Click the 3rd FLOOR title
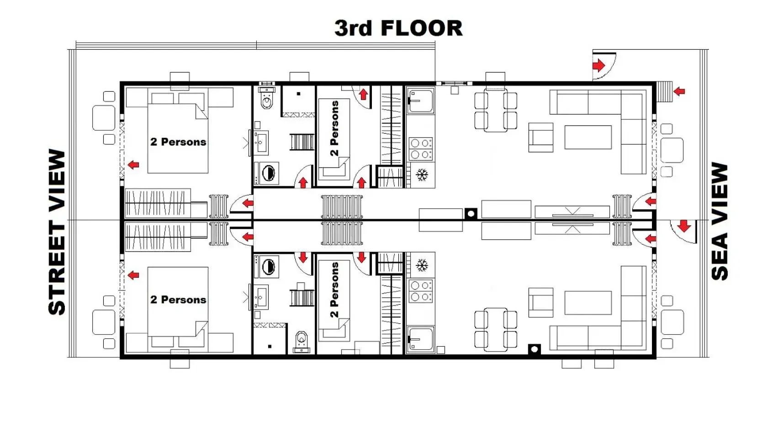[398, 28]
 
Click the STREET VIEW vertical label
[58, 232]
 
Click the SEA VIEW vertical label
[720, 221]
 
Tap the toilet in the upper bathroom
[267, 100]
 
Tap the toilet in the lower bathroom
[302, 340]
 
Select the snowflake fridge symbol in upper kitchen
[422, 174]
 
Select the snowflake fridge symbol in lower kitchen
[422, 265]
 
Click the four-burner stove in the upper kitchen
[421, 149]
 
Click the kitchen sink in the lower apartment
[421, 339]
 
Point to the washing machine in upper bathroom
[268, 173]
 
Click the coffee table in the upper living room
[587, 137]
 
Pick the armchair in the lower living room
[541, 302]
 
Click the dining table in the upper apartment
[496, 111]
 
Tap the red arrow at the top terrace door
[598, 66]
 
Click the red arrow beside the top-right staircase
[679, 91]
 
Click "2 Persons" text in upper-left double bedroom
[178, 142]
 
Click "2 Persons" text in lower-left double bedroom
[178, 300]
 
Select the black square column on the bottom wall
[534, 349]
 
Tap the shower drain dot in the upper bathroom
[298, 94]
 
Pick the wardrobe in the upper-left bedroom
[158, 202]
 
